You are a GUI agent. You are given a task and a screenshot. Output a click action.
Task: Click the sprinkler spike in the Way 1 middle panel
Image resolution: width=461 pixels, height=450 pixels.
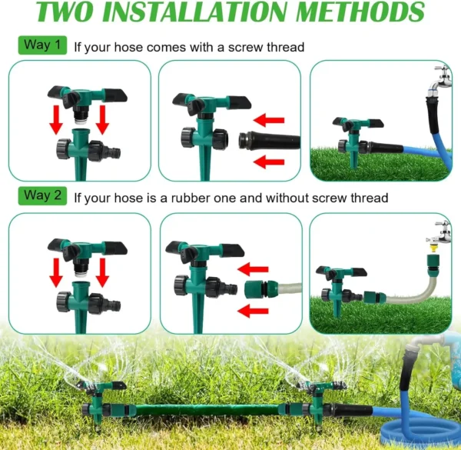click(x=199, y=161)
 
